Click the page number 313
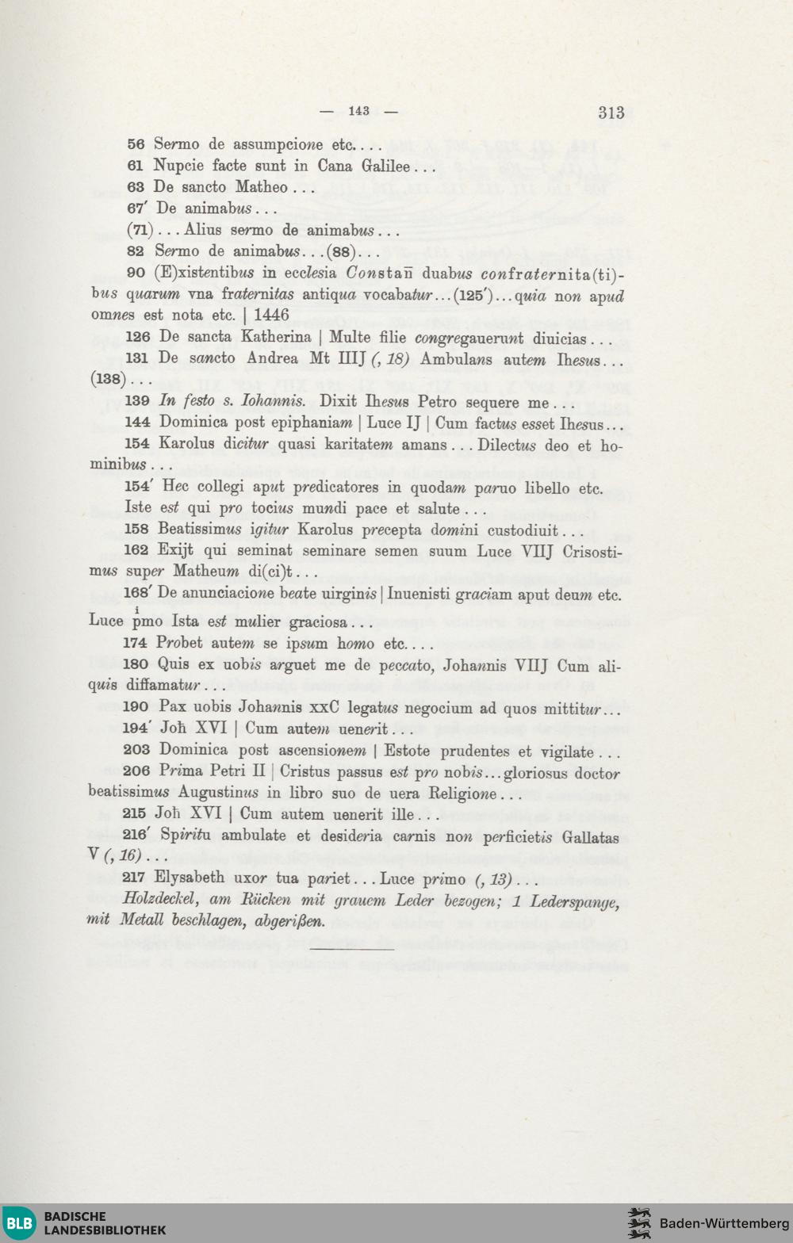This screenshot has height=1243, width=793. coord(611,113)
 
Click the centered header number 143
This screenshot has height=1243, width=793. coord(358,111)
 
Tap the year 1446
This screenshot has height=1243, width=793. coord(271,315)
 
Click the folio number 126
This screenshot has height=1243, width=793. coord(137,337)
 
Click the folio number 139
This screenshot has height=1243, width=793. coord(137,401)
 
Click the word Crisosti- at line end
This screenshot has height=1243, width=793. coord(592,550)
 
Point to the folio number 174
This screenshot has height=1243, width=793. coord(135,643)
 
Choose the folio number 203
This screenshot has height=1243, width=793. coord(136,750)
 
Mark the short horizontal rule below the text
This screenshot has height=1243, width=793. coord(352,948)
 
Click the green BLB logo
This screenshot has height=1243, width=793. coord(20,1222)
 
